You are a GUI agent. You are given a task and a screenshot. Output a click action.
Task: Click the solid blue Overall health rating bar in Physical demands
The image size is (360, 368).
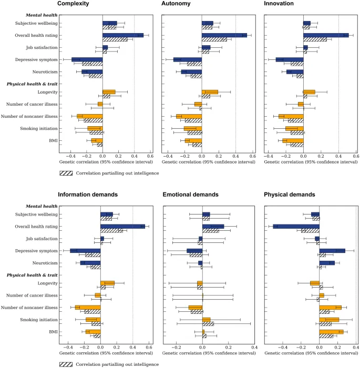pos(296,226)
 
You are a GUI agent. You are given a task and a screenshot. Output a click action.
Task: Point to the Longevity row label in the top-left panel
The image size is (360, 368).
pos(48,92)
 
